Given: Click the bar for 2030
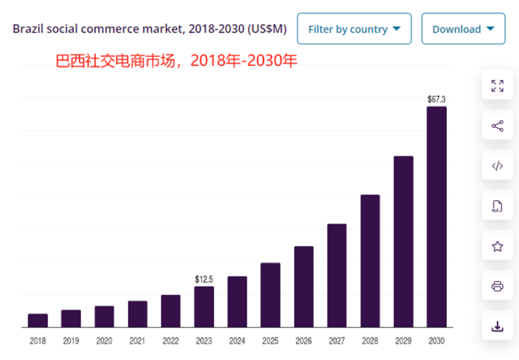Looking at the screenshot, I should pyautogui.click(x=437, y=217).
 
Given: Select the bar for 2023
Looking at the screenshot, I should pyautogui.click(x=204, y=307).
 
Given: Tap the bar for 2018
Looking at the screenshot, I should pyautogui.click(x=38, y=320).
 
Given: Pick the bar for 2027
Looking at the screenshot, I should pyautogui.click(x=337, y=275).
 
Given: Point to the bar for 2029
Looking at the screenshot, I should pyautogui.click(x=404, y=241).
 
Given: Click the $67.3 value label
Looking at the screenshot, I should pyautogui.click(x=437, y=99).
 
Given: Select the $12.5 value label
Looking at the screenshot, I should pyautogui.click(x=204, y=279).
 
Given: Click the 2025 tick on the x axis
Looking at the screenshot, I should pyautogui.click(x=271, y=340).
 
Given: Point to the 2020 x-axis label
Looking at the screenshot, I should pyautogui.click(x=104, y=340).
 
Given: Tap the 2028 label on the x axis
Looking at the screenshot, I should pyautogui.click(x=370, y=340).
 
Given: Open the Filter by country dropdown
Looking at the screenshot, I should pyautogui.click(x=354, y=29).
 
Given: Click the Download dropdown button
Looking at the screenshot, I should pyautogui.click(x=463, y=29).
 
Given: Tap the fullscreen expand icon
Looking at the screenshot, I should pyautogui.click(x=498, y=86).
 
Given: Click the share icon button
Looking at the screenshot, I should pyautogui.click(x=498, y=126).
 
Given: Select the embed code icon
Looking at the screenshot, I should pyautogui.click(x=498, y=166).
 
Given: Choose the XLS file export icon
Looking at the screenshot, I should pyautogui.click(x=498, y=206).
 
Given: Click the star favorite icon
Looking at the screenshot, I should pyautogui.click(x=498, y=246).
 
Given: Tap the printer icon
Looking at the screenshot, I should pyautogui.click(x=498, y=286).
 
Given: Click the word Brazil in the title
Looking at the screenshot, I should pyautogui.click(x=28, y=29).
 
